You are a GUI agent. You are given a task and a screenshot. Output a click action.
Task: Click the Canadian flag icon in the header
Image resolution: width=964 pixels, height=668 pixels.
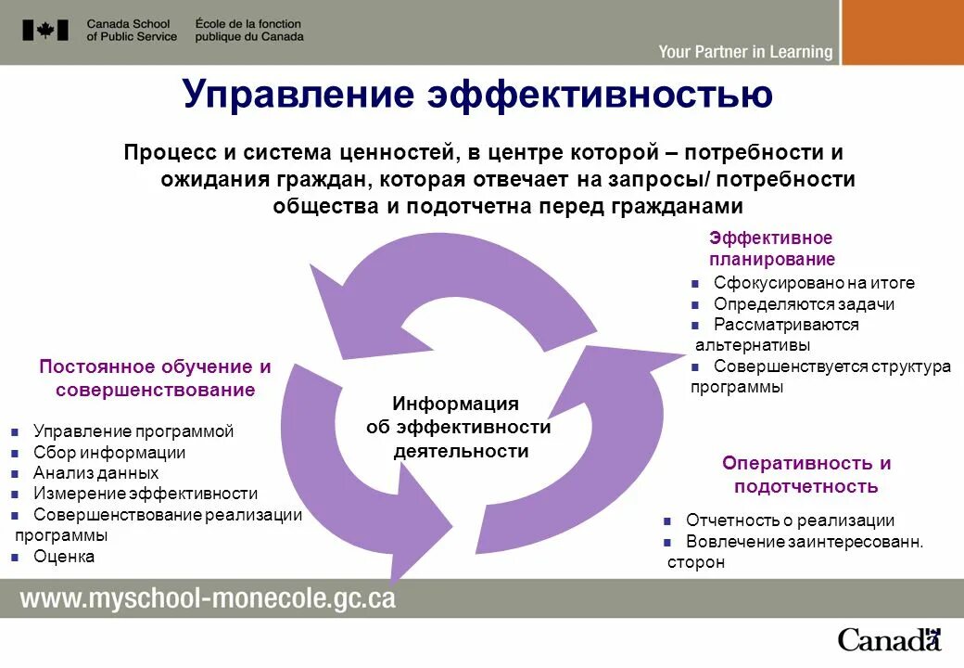[45, 30]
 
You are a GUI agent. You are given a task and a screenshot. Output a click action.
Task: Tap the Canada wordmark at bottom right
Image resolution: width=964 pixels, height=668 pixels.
[889, 639]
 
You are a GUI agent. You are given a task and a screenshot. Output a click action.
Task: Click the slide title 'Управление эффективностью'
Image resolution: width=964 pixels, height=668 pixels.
[477, 95]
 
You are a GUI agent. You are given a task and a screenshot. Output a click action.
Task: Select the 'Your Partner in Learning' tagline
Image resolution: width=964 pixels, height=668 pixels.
[745, 52]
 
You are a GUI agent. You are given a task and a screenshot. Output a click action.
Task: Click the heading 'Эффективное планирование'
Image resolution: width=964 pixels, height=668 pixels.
[771, 249]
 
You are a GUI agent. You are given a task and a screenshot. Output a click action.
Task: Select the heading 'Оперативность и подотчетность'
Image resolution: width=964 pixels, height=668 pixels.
[805, 474]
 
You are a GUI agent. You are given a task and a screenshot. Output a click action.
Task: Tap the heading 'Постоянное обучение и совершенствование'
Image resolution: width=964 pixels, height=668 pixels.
[155, 378]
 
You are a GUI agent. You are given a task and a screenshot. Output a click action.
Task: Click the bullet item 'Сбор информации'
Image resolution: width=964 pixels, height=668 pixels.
[109, 453]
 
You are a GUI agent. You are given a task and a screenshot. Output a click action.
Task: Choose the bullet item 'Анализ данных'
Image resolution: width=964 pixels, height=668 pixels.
[95, 473]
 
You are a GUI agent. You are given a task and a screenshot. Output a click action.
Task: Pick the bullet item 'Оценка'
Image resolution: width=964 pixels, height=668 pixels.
[64, 557]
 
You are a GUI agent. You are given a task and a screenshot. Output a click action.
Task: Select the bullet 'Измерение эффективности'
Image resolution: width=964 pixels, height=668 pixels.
[146, 494]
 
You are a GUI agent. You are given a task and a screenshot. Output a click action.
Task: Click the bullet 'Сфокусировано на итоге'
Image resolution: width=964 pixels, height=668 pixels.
[814, 283]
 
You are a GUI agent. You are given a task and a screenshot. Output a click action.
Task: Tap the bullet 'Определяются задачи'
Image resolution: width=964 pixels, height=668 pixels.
[804, 304]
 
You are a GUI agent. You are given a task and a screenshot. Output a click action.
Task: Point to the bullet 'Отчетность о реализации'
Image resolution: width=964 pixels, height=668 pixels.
[790, 520]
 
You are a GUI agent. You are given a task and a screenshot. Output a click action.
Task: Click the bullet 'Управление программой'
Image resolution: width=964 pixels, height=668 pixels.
[133, 431]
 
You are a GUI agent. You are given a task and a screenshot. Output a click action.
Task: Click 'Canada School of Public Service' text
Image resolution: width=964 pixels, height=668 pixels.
[132, 30]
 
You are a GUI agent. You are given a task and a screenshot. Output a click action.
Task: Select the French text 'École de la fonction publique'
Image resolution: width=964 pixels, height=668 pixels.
[248, 30]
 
